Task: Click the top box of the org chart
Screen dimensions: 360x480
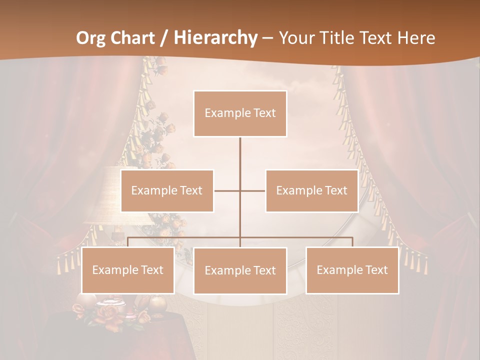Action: tap(240, 113)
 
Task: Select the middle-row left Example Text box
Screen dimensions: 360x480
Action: tap(167, 190)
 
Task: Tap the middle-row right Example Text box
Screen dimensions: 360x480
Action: tap(312, 190)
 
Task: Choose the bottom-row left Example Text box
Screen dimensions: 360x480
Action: tap(128, 270)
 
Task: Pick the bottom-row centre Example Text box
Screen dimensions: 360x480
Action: tap(240, 270)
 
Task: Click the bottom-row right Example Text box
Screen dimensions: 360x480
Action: tap(352, 270)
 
